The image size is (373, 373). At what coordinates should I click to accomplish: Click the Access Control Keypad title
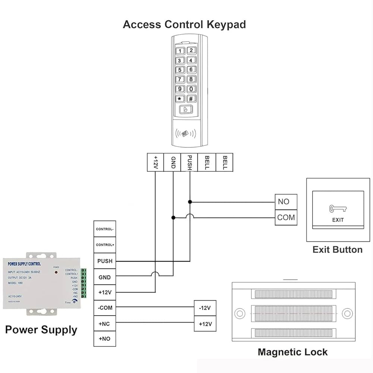click(x=184, y=25)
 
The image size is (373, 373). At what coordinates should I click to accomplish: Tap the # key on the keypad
click(x=191, y=99)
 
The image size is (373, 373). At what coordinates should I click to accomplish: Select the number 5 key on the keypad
click(x=180, y=70)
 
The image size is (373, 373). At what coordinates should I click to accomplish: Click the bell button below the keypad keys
click(x=185, y=110)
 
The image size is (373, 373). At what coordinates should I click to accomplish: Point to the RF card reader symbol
click(x=185, y=134)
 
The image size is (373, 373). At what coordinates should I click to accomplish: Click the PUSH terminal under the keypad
click(x=189, y=163)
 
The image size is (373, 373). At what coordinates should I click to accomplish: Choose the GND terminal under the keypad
click(x=173, y=163)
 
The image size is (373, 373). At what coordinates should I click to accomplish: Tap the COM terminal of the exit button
click(x=286, y=217)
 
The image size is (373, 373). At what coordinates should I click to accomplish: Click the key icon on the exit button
click(x=338, y=209)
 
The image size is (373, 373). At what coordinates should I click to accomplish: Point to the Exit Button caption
click(x=337, y=250)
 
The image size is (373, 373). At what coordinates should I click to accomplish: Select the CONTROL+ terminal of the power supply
click(x=105, y=245)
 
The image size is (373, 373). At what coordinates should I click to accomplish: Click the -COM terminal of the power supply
click(x=105, y=308)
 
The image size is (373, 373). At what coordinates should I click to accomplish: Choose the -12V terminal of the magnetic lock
click(x=205, y=308)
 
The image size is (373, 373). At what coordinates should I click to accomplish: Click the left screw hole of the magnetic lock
click(x=240, y=313)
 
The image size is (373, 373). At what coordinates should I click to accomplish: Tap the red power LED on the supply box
click(x=56, y=272)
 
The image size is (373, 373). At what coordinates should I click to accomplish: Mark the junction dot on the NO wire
click(x=190, y=202)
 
